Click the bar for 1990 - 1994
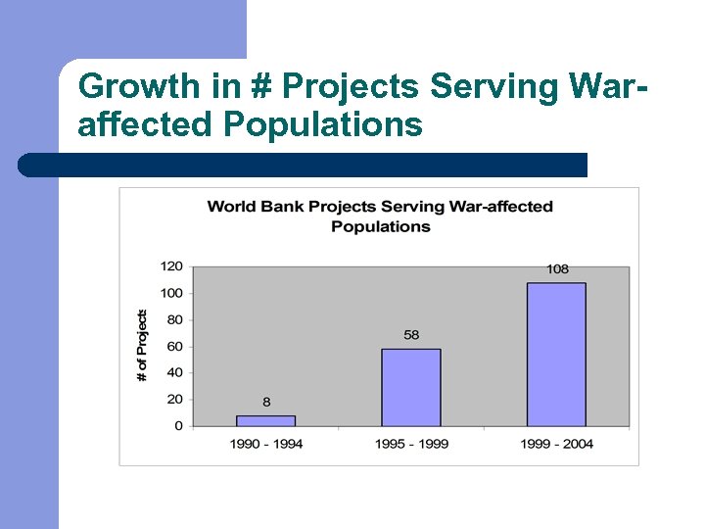(266, 420)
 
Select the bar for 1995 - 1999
(411, 387)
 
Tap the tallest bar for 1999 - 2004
(556, 355)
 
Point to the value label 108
(557, 269)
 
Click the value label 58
(411, 335)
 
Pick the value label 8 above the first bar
(266, 402)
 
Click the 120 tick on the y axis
(171, 266)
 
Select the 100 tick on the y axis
(171, 293)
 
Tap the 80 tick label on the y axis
(174, 319)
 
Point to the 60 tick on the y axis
(174, 346)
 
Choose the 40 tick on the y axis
(174, 372)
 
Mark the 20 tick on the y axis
(174, 399)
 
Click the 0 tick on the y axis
(178, 425)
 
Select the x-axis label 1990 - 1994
(266, 444)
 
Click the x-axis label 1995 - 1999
(411, 444)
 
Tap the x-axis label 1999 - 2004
(556, 444)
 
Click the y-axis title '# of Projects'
(142, 346)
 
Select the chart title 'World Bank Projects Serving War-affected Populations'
(380, 216)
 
